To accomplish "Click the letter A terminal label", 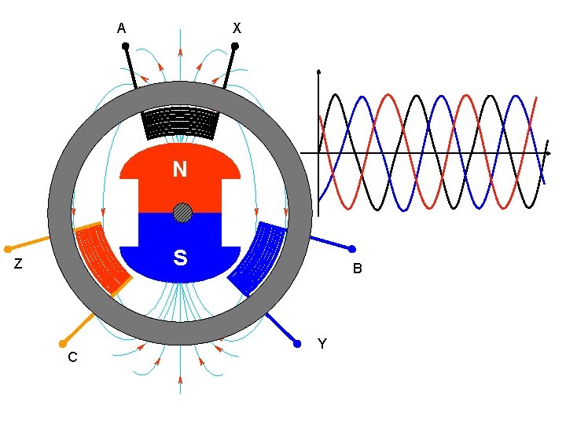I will click(x=121, y=28).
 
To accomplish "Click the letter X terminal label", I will click(x=237, y=28).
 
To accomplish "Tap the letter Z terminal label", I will click(x=18, y=265).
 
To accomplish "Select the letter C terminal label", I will click(x=72, y=357).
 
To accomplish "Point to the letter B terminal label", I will click(x=357, y=269).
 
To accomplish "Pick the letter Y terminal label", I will click(x=322, y=344).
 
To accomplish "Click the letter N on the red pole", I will click(x=180, y=170).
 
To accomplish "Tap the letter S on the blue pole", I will click(x=180, y=258).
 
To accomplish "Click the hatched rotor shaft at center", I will click(x=182, y=213).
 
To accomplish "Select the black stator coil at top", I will click(x=180, y=122).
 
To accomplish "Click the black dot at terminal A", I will click(x=126, y=46).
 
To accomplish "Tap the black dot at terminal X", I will click(x=234, y=46).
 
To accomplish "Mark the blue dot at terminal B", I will click(x=351, y=249).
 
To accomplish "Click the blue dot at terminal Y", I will click(x=297, y=343).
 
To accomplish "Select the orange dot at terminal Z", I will click(x=8, y=249).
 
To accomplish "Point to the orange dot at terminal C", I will click(x=62, y=343).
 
